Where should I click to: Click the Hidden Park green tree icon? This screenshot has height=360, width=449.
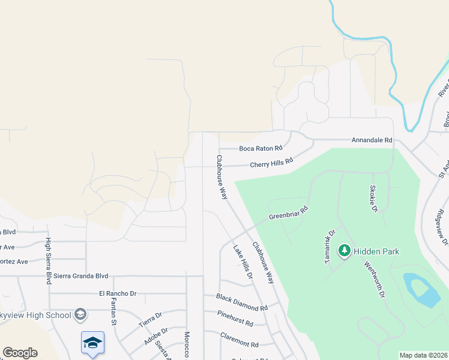pos(345,251)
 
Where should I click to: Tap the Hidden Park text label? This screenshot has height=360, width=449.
pos(376,251)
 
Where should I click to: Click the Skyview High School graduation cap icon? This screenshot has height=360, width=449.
pos(80,314)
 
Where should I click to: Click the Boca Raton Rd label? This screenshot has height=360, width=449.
pos(261,148)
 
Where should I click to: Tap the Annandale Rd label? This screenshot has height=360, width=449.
pos(372,140)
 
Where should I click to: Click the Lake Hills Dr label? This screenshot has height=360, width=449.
pos(243,262)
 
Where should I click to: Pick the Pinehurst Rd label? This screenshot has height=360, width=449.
pos(235,319)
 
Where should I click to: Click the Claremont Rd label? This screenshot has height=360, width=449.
pos(239,340)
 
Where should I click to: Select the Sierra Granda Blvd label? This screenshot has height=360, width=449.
pos(81,276)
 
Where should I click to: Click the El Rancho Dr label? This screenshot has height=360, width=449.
pos(118,294)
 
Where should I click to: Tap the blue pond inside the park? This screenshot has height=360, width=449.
pos(423,290)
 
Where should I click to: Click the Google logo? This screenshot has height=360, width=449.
pos(20,353)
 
